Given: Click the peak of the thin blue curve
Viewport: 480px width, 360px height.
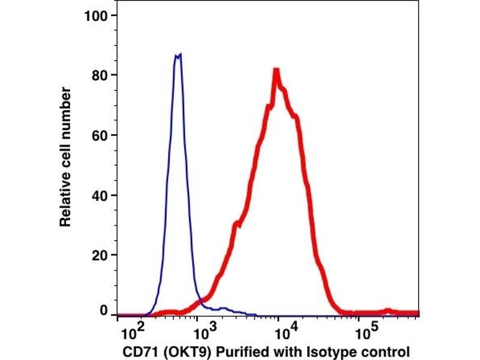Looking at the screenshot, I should (178, 55).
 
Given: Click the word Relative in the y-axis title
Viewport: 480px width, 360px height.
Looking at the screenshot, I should (66, 202).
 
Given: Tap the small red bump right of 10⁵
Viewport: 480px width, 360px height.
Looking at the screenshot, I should (389, 311).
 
